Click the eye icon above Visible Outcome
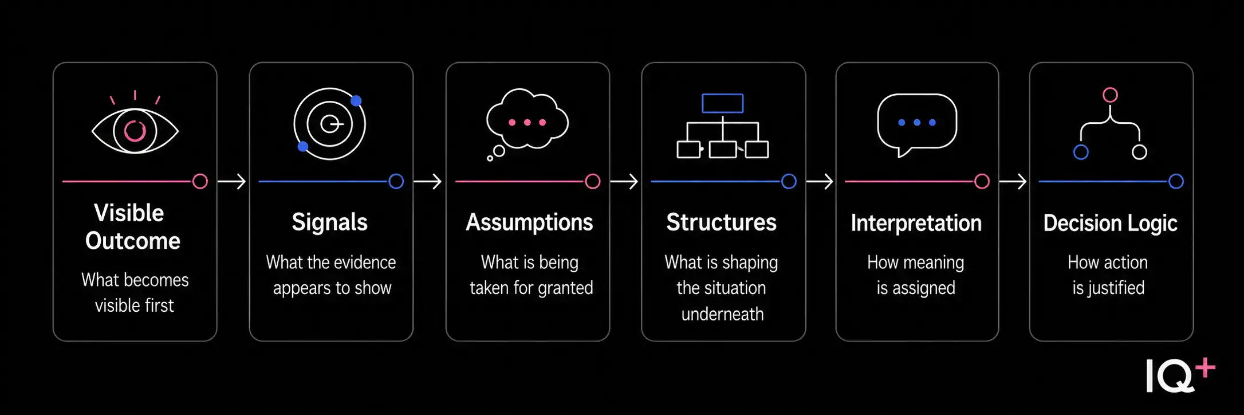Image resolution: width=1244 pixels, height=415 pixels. (135, 131)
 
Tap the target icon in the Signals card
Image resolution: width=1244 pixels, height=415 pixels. (329, 124)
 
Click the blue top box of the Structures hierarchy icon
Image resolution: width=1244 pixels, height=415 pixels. (723, 103)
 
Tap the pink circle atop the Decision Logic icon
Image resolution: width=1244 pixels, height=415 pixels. (1111, 95)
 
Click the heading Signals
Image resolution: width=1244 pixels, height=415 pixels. (330, 222)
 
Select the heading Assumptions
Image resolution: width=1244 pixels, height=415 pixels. (529, 222)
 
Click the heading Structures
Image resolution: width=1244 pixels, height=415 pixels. (722, 222)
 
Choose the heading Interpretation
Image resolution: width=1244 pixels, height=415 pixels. (916, 223)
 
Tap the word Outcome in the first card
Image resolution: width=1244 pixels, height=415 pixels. (133, 241)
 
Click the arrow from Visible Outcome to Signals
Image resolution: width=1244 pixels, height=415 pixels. (232, 182)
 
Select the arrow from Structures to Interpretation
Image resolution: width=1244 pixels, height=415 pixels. (820, 182)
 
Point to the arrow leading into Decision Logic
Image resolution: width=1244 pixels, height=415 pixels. (1013, 182)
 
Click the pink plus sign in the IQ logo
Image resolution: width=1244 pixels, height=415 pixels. (1205, 368)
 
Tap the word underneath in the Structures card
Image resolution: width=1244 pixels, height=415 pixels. (723, 314)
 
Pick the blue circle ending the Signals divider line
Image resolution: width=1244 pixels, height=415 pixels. (396, 182)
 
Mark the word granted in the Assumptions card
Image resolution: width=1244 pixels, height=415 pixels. (565, 288)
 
